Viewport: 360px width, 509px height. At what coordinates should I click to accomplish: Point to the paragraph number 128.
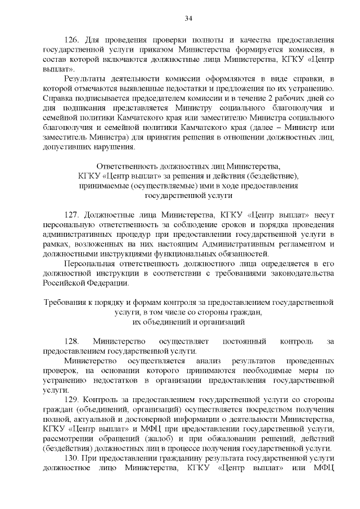coord(73,341)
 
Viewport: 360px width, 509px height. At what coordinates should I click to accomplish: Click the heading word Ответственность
coord(129,166)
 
